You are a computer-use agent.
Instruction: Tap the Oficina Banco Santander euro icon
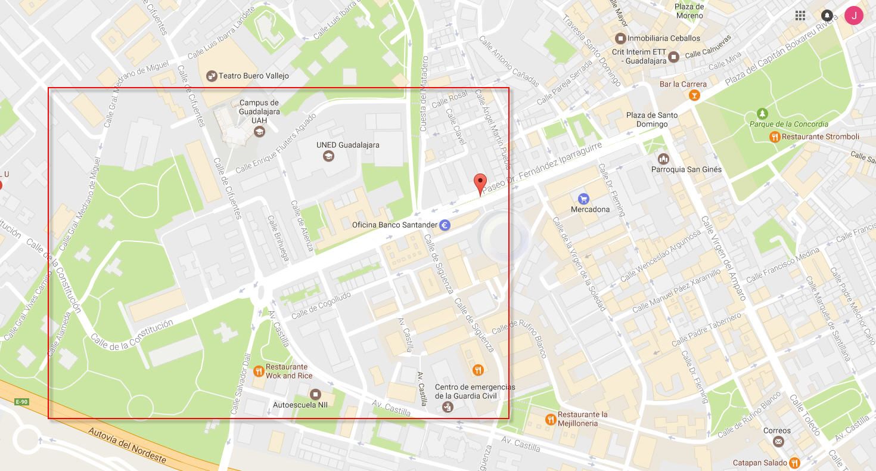[445, 225]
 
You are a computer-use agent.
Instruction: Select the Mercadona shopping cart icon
[583, 198]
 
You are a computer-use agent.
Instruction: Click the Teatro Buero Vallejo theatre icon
[211, 76]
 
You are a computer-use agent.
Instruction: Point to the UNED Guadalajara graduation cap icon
[328, 156]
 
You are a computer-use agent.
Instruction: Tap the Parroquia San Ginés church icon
[663, 159]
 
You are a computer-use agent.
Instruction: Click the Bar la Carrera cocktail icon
[694, 95]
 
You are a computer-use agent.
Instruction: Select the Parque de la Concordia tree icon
[762, 113]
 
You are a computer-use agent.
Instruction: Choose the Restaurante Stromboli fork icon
[774, 137]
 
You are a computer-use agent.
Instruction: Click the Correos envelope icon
[778, 441]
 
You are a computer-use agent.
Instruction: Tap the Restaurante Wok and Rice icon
[258, 371]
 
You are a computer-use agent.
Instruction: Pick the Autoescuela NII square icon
[315, 394]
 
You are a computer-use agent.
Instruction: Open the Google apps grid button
[800, 16]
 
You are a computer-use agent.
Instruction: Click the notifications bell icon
[827, 16]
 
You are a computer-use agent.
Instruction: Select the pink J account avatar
[854, 16]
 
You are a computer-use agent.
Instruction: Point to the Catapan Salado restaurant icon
[794, 463]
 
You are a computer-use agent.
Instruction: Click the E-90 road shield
[21, 402]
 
